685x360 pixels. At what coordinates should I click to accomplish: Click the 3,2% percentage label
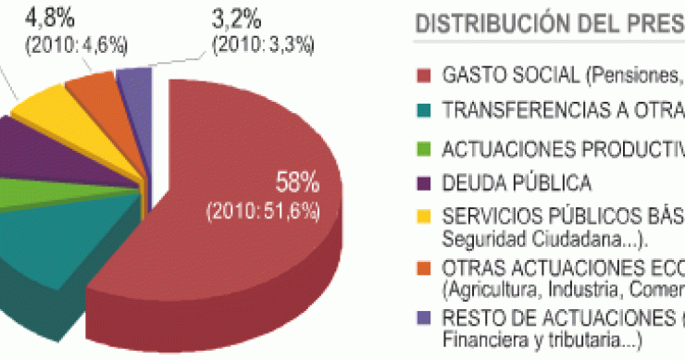coord(237,17)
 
